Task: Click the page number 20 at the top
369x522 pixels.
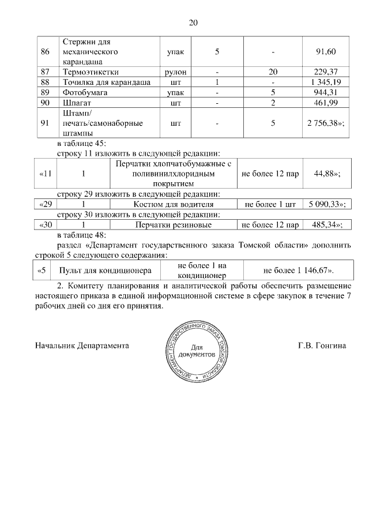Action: [x=193, y=23]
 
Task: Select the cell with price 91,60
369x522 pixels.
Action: [x=326, y=52]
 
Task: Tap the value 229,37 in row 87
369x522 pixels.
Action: [x=326, y=72]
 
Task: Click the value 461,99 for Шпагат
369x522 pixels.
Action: [x=326, y=103]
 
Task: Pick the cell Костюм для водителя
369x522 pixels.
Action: [x=174, y=204]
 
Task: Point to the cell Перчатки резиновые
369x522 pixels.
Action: [x=174, y=224]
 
